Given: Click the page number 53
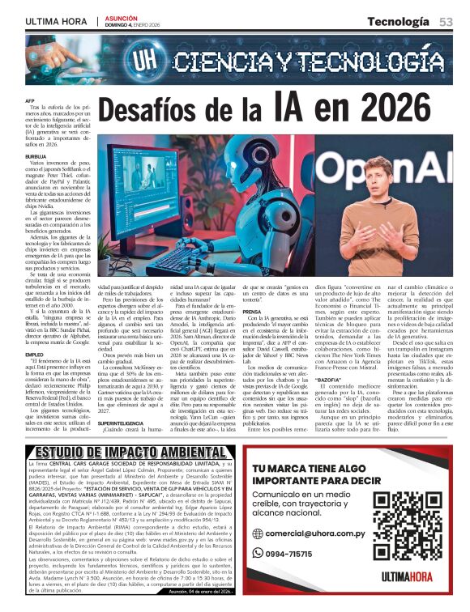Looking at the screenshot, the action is pos(446,21).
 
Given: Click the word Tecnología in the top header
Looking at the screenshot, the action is pos(399,21).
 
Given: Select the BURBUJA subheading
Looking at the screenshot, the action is pos(36,156).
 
